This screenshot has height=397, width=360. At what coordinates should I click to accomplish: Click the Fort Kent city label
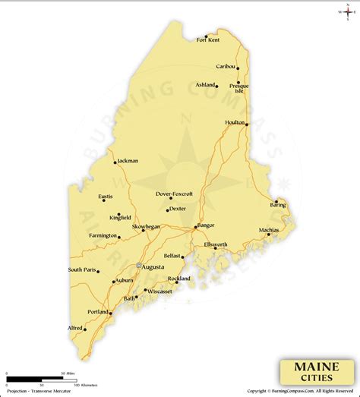pyautogui.click(x=208, y=39)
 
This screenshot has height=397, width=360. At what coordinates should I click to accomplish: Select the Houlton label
pyautogui.click(x=235, y=121)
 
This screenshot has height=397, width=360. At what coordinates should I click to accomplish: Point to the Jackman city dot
pyautogui.click(x=115, y=162)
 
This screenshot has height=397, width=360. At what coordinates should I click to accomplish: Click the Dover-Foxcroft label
pyautogui.click(x=174, y=194)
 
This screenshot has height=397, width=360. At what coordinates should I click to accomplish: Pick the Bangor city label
pyautogui.click(x=207, y=225)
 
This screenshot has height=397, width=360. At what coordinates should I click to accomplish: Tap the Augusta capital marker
pyautogui.click(x=138, y=265)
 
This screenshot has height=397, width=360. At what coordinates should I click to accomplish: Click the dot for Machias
pyautogui.click(x=268, y=235)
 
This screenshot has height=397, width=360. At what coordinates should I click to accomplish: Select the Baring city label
pyautogui.click(x=278, y=206)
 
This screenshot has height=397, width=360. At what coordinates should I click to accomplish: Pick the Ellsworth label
pyautogui.click(x=216, y=244)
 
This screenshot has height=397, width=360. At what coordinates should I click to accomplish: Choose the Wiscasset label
pyautogui.click(x=160, y=291)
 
